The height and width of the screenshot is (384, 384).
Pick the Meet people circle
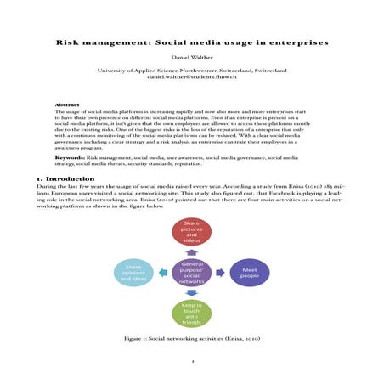click(x=249, y=274)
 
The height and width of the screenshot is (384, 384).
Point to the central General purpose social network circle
click(x=191, y=274)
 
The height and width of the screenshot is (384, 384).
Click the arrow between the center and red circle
click(x=191, y=253)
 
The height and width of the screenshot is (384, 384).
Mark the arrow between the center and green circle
click(x=191, y=294)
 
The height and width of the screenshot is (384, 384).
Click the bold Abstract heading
click(x=67, y=104)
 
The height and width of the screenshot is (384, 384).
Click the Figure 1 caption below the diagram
click(x=191, y=339)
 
